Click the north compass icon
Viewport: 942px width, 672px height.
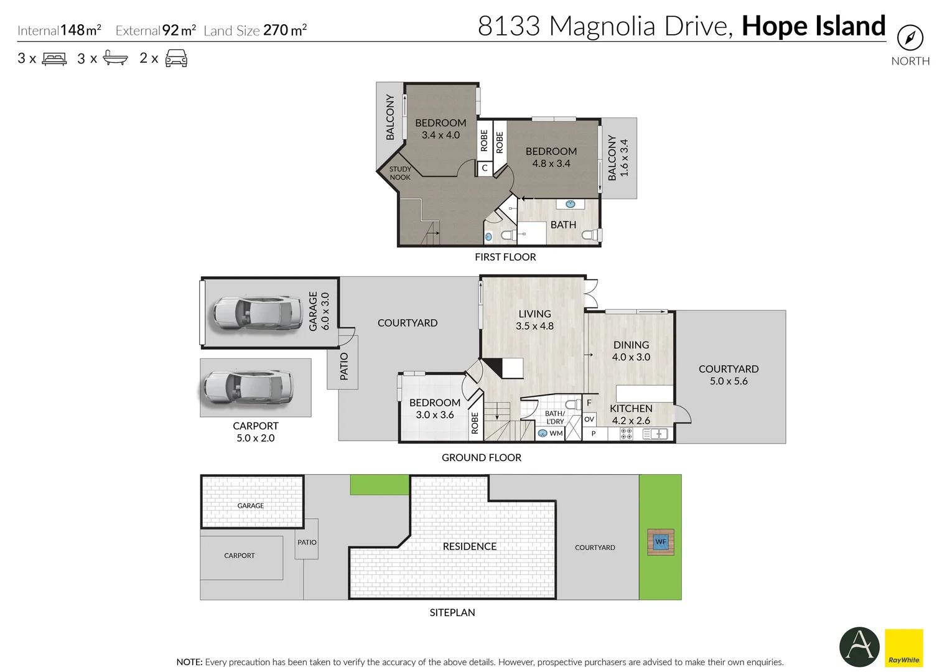pos(910,38)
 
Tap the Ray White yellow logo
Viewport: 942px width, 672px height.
pos(903,648)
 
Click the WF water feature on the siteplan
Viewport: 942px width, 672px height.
pos(660,542)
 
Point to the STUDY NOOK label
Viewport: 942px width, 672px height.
pos(400,173)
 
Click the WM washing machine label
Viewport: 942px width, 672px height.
pos(556,433)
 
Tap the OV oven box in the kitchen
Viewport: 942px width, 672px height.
pos(589,419)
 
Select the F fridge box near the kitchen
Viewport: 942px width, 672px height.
pos(589,403)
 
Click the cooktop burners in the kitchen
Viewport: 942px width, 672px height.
pos(627,434)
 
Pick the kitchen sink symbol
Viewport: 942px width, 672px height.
pos(655,434)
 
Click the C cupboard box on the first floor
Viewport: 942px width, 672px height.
pos(485,168)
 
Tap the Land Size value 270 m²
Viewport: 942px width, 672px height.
pos(285,30)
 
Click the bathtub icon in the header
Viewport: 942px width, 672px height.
pos(115,58)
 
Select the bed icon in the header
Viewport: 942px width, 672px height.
pos(54,59)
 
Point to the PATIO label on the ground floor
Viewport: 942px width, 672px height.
pos(343,366)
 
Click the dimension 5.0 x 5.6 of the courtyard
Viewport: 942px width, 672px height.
pos(729,381)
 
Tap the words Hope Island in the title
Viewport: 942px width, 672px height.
pos(813,26)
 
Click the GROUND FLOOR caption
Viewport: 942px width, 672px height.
pos(482,457)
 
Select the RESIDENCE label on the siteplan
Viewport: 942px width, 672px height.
pos(469,546)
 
